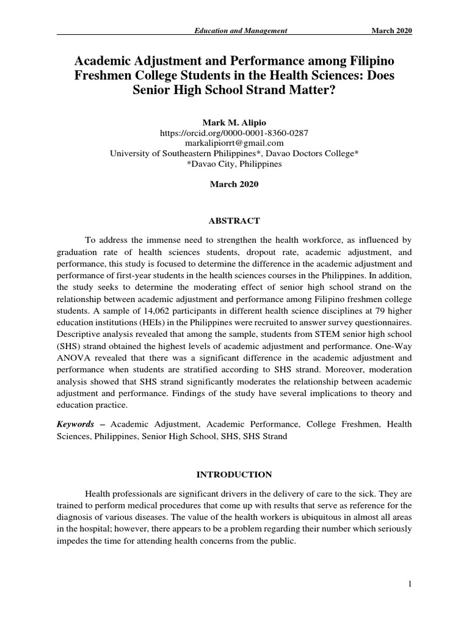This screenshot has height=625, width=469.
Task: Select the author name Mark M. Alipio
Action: click(x=234, y=121)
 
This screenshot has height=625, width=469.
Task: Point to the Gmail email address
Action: click(x=234, y=142)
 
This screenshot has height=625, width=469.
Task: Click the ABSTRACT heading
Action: click(x=234, y=220)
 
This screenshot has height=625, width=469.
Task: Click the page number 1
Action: click(x=410, y=585)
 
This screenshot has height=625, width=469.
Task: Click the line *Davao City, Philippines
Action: click(x=234, y=164)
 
